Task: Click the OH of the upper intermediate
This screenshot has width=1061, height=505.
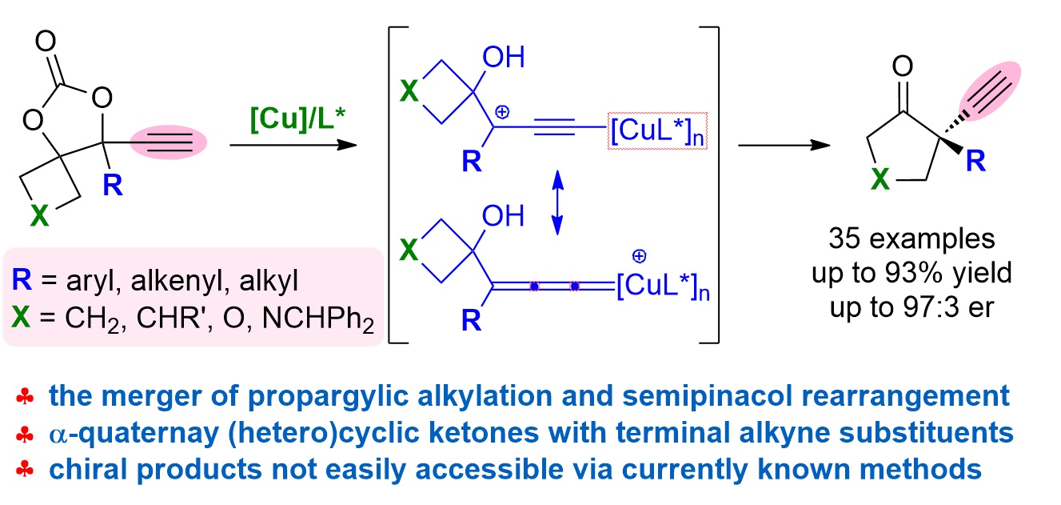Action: pyautogui.click(x=505, y=58)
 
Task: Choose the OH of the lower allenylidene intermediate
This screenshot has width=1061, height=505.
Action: pyautogui.click(x=505, y=215)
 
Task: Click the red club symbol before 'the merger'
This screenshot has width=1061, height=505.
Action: pyautogui.click(x=26, y=396)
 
